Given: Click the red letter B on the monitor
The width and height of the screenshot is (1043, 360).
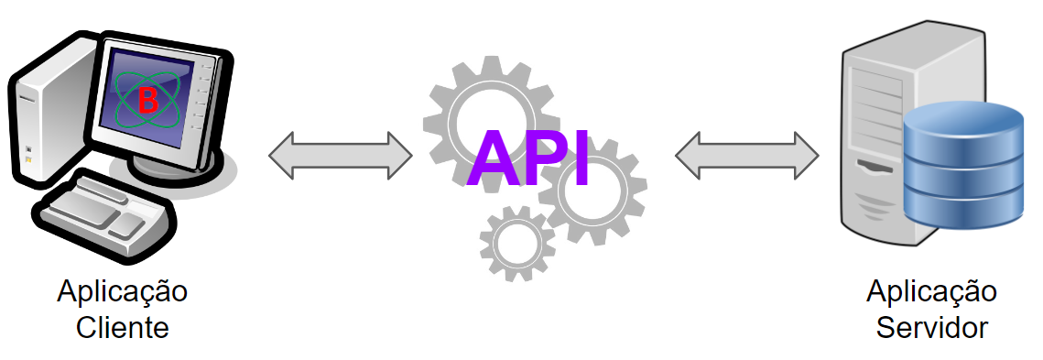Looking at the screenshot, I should point(147,101).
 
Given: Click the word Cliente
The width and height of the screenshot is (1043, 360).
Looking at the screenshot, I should point(123,327).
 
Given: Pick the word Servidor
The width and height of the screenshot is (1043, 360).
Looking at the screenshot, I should point(931,327).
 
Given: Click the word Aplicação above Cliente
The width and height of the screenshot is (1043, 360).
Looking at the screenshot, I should point(123,293).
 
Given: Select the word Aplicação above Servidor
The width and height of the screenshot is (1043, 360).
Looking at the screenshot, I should point(931,293).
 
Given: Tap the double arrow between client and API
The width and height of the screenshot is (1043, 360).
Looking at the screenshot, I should point(341,155).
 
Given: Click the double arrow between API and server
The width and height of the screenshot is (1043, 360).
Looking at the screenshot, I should point(747,155).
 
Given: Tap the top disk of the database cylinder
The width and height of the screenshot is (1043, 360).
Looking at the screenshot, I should point(962,120).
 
